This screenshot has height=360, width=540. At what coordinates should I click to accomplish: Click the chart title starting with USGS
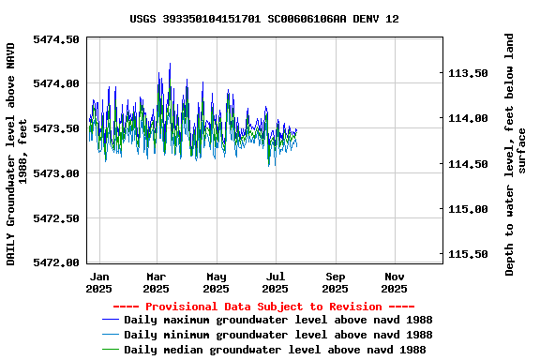263,19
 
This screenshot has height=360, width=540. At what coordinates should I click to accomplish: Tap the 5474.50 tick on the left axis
56,39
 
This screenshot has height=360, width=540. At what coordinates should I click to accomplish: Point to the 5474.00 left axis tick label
56,83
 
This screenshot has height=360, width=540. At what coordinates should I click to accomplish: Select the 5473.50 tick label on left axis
56,128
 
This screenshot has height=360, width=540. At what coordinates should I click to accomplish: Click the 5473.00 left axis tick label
56,173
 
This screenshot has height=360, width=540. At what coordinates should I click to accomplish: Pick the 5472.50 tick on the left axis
56,218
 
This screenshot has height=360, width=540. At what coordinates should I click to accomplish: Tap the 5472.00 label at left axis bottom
56,262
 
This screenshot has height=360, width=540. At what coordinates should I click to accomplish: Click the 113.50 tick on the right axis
469,73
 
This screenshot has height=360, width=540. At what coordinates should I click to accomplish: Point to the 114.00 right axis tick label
469,118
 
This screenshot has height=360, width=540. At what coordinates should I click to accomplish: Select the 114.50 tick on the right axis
469,164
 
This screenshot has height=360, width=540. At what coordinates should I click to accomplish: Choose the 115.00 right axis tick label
469,209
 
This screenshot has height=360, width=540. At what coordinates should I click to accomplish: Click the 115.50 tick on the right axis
469,254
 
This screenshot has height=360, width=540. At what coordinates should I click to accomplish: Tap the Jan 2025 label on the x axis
98,283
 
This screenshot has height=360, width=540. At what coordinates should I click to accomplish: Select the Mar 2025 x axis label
157,283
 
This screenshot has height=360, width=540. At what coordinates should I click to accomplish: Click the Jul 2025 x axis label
276,283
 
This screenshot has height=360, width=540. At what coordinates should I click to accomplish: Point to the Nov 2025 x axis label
395,283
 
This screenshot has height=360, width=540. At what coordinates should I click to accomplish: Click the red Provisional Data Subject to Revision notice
263,307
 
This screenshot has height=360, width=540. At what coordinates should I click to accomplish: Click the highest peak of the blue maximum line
170,64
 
